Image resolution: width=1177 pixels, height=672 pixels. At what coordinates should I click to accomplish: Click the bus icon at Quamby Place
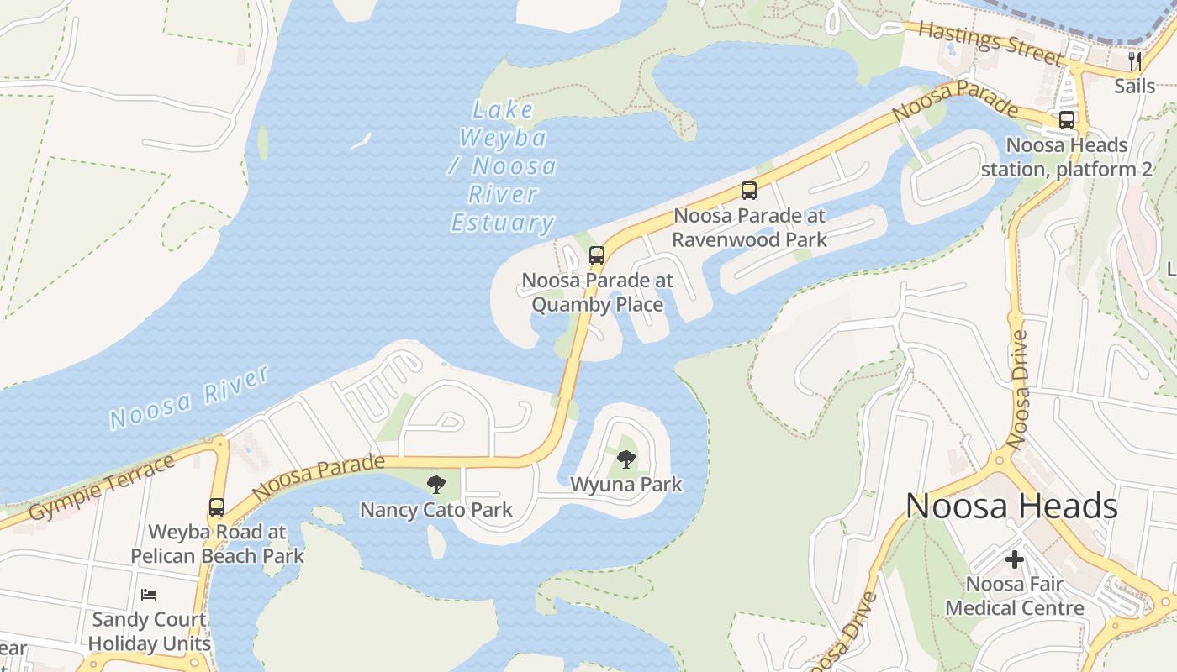tap(596, 255)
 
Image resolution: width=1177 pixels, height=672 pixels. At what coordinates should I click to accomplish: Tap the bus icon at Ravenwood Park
tap(748, 191)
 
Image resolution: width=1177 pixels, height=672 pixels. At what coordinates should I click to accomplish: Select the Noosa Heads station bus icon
tap(1066, 120)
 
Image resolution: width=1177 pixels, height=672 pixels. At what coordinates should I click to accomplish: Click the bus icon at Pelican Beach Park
tap(217, 507)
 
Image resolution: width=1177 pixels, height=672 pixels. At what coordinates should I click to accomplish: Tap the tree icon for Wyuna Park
tap(625, 459)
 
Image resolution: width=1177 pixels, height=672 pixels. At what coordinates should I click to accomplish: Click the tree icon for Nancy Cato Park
tap(435, 485)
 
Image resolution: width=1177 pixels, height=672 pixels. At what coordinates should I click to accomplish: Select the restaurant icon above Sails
tap(1135, 61)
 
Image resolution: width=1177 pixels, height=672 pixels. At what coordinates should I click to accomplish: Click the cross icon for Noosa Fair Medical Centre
tap(1015, 559)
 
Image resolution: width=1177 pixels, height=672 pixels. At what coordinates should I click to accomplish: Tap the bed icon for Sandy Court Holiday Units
tap(149, 595)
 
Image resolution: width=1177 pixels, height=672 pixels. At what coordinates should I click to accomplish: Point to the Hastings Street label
tap(990, 43)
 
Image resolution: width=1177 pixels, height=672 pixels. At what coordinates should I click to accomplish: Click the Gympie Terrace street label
tap(101, 487)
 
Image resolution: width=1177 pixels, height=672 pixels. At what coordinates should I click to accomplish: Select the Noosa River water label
tap(190, 397)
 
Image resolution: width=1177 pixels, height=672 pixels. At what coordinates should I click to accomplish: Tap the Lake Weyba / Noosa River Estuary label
tap(503, 166)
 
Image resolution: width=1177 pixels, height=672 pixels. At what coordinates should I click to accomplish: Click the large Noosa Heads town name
tap(1011, 506)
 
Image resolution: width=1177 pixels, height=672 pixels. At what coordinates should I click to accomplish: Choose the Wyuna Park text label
tap(626, 485)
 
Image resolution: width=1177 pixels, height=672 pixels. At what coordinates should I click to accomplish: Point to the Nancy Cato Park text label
tap(436, 510)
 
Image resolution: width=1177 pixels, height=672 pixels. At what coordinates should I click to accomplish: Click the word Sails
tap(1135, 86)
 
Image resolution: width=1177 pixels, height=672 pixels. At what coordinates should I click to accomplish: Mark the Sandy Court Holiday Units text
tap(149, 632)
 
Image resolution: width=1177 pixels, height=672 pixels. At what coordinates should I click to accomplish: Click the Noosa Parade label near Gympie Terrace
tap(318, 476)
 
